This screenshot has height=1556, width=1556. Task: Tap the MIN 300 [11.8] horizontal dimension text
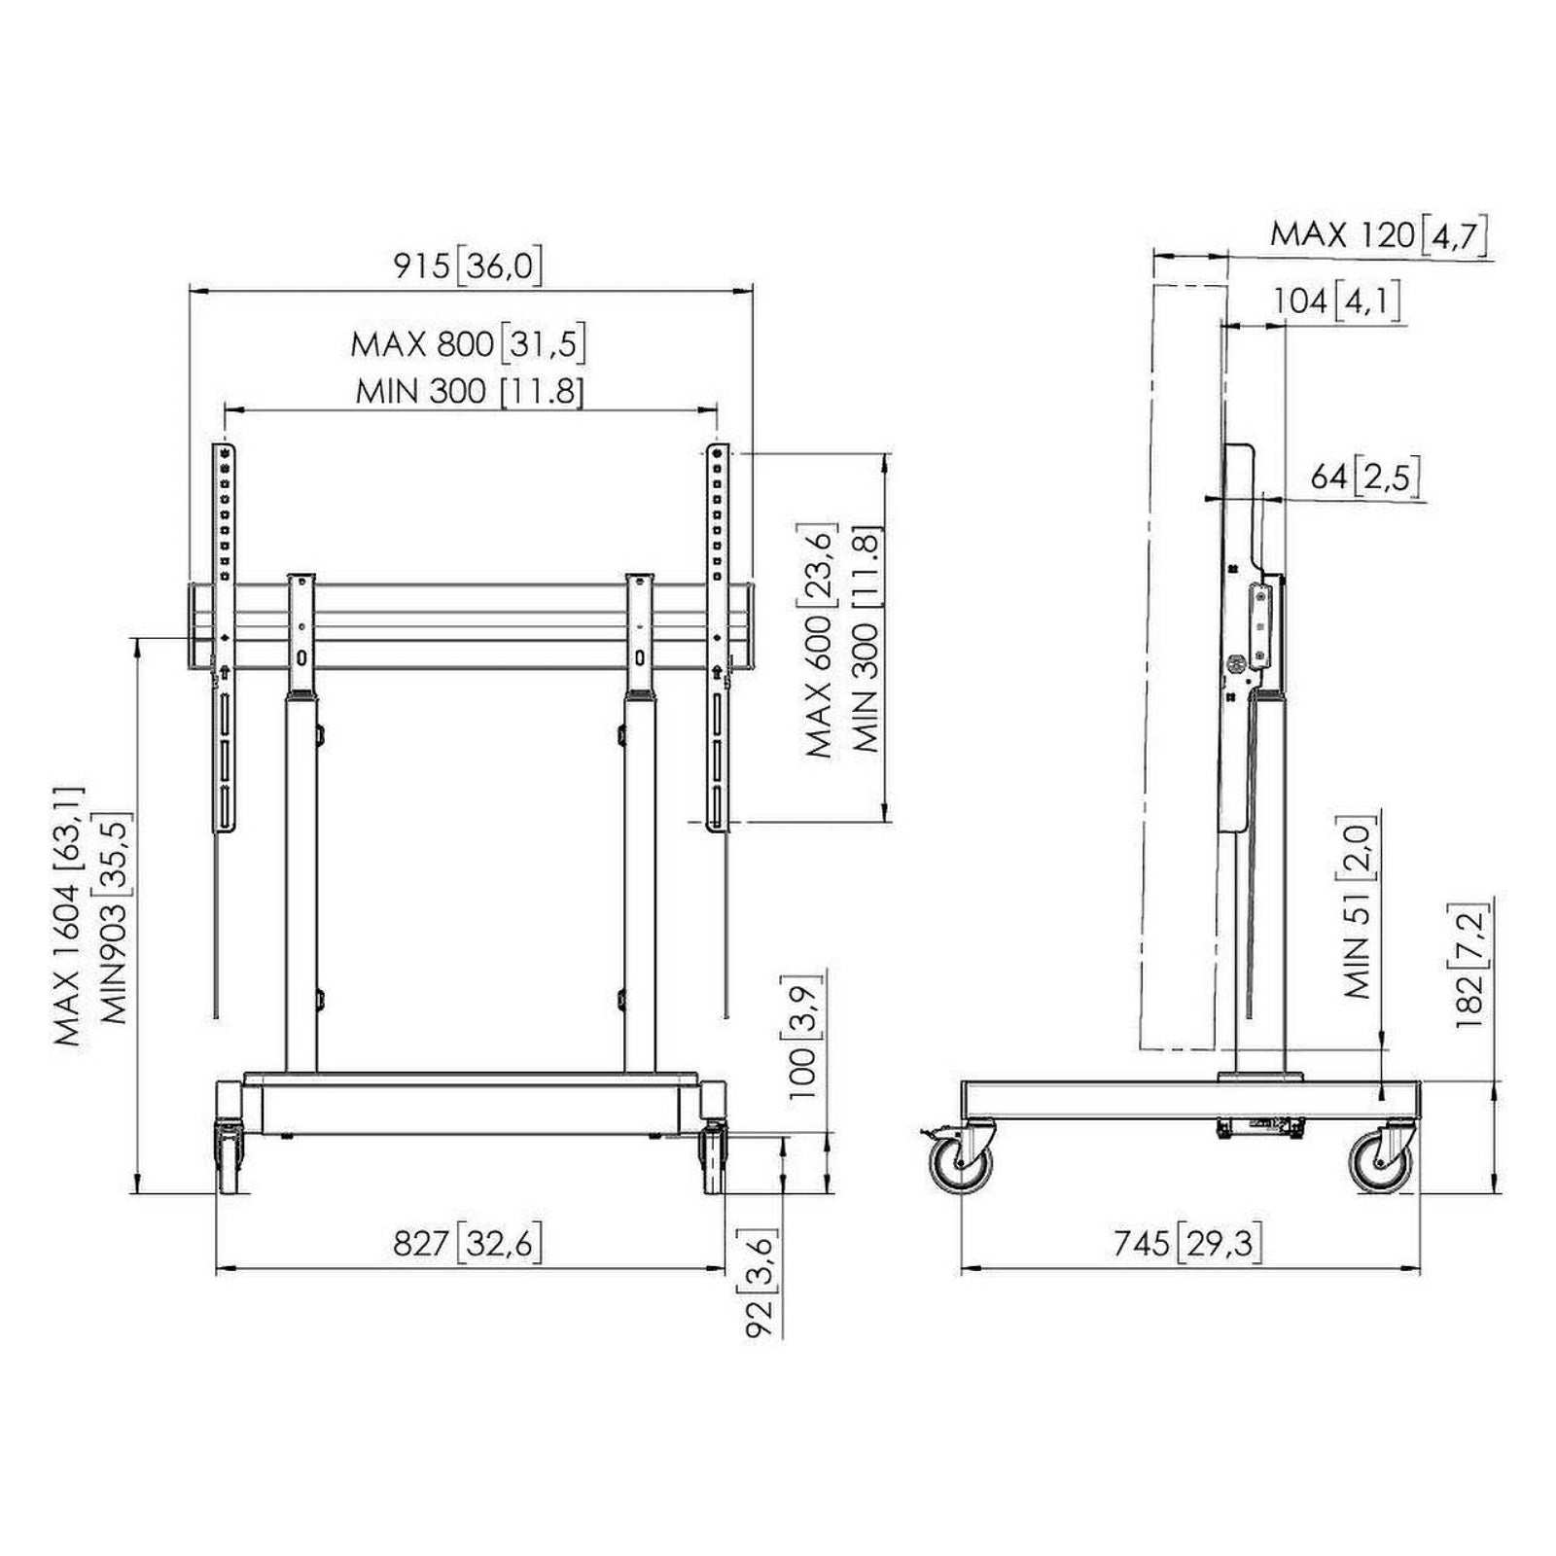470,392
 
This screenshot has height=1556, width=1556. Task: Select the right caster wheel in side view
1380,1161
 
